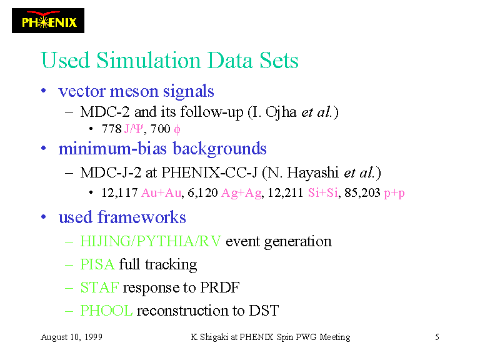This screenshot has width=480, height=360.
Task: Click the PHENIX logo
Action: click(48, 21)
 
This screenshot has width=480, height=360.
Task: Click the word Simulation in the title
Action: click(149, 60)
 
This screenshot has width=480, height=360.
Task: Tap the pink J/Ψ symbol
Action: click(134, 129)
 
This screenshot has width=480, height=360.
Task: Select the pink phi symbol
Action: click(177, 130)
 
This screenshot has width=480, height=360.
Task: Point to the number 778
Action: click(112, 129)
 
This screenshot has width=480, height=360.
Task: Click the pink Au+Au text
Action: click(161, 193)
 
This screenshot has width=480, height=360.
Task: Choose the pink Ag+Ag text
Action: click(241, 193)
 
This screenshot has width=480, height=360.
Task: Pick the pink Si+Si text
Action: click(323, 193)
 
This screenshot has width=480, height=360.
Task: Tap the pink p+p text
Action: click(394, 194)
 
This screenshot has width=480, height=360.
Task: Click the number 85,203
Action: click(362, 193)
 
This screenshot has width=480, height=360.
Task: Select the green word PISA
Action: click(97, 264)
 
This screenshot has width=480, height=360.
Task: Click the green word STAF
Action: click(99, 287)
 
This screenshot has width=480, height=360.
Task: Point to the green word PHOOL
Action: click(106, 311)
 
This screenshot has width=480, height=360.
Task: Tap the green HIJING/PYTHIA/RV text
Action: click(150, 241)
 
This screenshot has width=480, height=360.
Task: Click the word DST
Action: click(264, 311)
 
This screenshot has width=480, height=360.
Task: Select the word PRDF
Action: click(220, 287)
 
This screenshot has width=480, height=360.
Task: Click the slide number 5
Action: click(437, 337)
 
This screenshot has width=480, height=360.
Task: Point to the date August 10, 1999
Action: click(72, 337)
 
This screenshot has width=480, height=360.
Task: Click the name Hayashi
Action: click(312, 172)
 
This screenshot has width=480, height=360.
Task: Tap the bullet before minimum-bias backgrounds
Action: click(44, 149)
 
